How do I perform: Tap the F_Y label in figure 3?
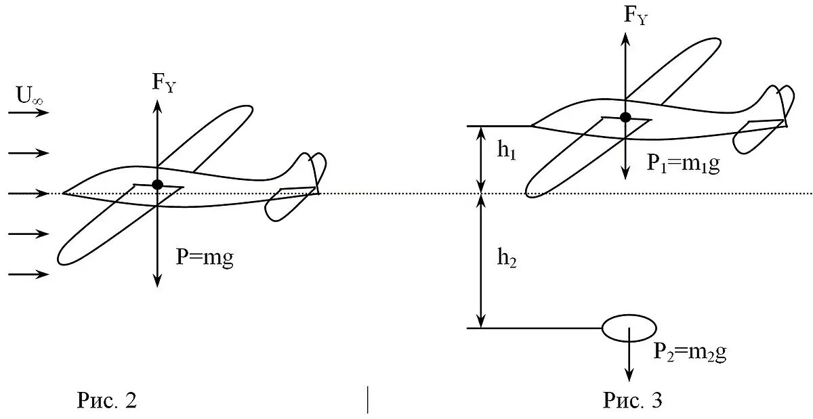(x=635, y=17)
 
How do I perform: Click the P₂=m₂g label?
(x=690, y=352)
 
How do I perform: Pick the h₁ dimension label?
(x=506, y=151)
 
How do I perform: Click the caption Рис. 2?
(x=106, y=401)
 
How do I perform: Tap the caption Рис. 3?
(x=632, y=401)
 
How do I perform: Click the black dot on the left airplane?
(x=158, y=184)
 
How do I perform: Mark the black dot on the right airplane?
(x=625, y=117)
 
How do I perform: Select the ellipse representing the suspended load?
(x=629, y=328)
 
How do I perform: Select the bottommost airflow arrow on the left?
(x=30, y=274)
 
